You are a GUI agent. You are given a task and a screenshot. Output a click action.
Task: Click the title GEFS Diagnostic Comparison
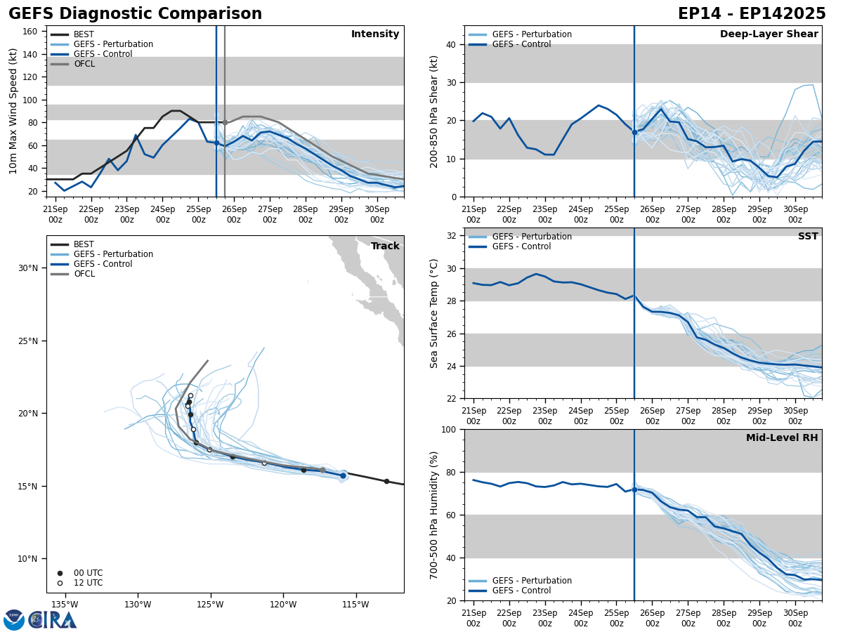coord(135,14)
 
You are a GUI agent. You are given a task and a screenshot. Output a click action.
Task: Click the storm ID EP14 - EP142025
coord(752,14)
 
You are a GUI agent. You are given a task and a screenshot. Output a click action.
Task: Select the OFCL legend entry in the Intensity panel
coord(84,64)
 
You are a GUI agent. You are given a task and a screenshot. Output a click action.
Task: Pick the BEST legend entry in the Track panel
coord(84,244)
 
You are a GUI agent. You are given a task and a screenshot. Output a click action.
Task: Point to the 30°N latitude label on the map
coord(28,268)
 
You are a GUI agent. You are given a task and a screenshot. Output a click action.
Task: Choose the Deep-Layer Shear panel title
coord(769,34)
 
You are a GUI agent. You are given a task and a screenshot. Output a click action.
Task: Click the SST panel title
coord(808,237)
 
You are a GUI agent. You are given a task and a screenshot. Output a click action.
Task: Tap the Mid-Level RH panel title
coord(782,438)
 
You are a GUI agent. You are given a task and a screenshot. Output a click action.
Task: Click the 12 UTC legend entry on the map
coord(88,583)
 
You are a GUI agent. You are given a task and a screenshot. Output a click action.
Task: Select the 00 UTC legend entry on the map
coord(88,573)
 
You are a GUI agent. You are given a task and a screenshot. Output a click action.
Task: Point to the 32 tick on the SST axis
coord(452,236)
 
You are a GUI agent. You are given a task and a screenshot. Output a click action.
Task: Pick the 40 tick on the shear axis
coord(452,45)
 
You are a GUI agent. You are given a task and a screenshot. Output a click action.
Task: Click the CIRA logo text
coord(53,619)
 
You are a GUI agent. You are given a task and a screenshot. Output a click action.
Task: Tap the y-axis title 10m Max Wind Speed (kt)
coord(13,111)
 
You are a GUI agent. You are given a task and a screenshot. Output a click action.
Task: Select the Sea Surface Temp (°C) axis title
coord(434,313)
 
